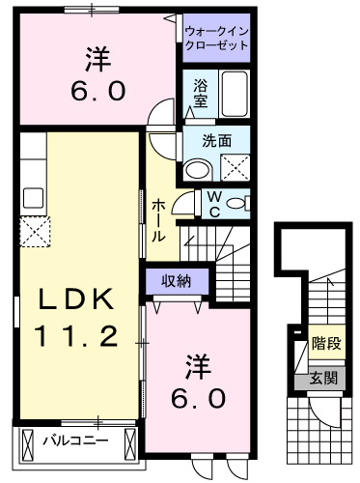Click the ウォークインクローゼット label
tap(217, 37)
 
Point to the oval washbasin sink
tap(198, 170)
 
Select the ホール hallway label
tap(158, 219)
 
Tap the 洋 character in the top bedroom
tap(95, 59)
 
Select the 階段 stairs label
tap(325, 343)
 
